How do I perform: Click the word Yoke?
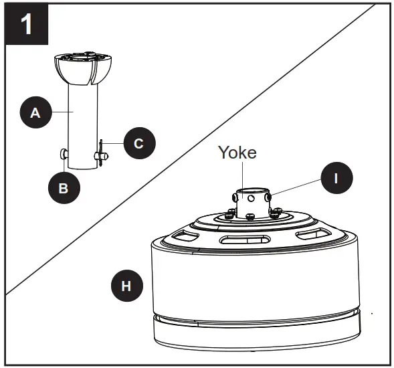pos(237,152)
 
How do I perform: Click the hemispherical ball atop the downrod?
pos(84,70)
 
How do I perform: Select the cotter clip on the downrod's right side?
pos(100,154)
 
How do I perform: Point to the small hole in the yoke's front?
pos(251,197)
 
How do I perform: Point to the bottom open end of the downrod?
pos(84,167)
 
